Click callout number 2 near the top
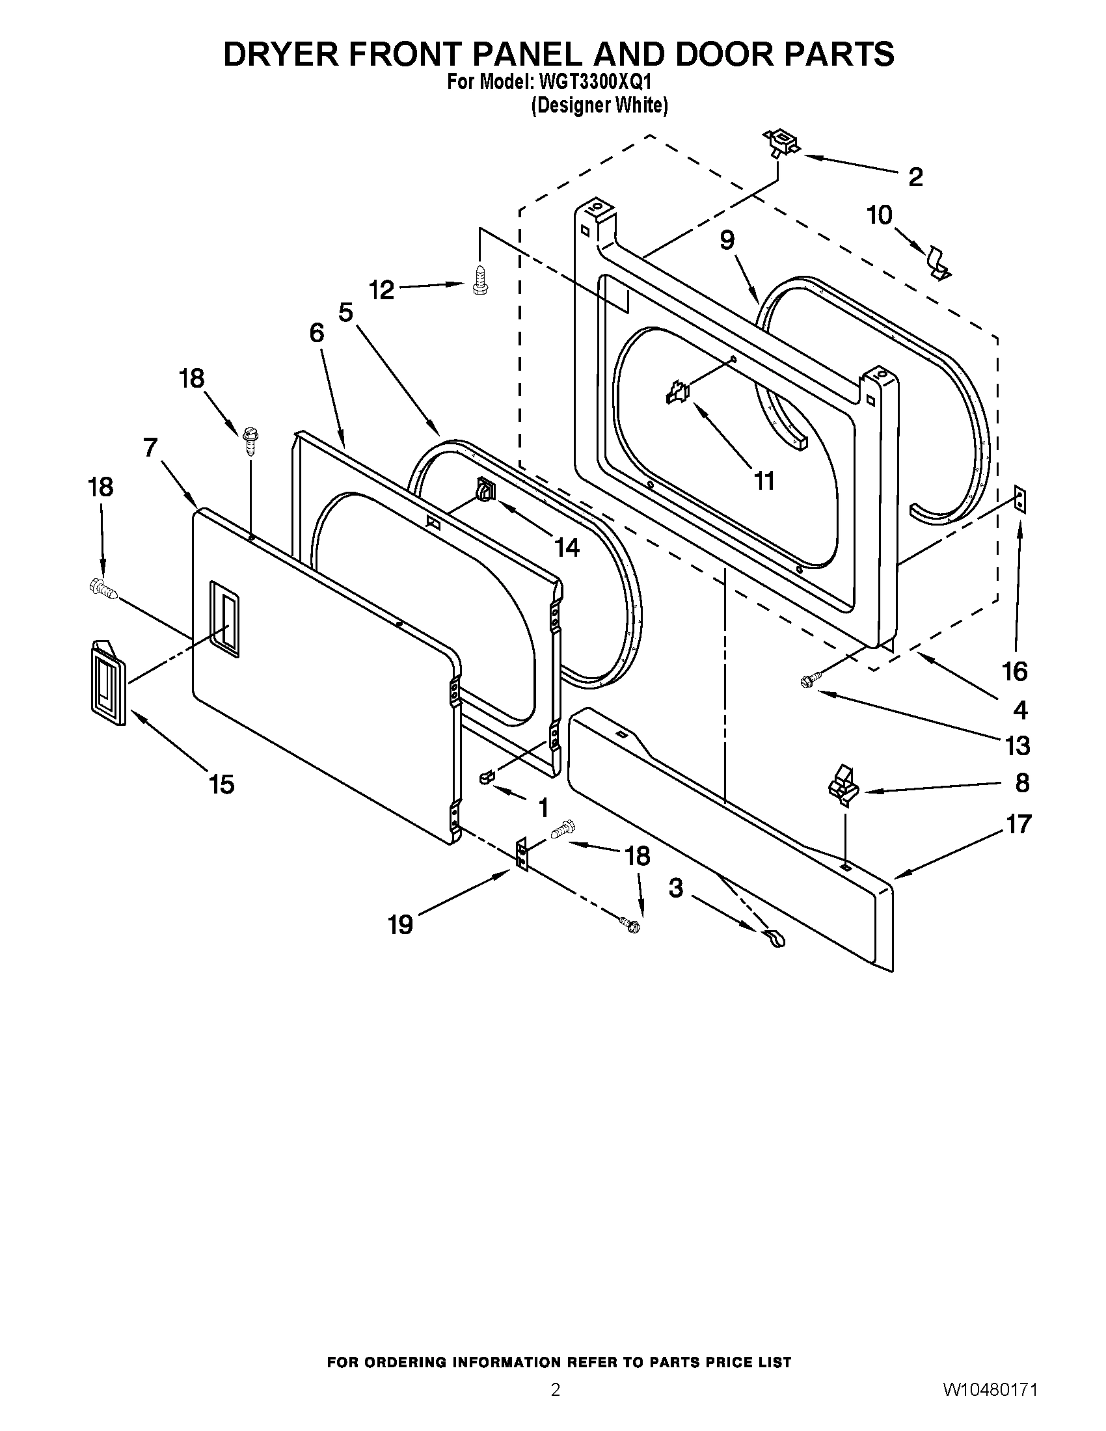[915, 177]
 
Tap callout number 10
[880, 215]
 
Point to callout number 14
[567, 547]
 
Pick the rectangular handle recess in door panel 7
[224, 618]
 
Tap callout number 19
[399, 924]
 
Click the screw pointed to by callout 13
[808, 682]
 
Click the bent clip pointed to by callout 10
[939, 262]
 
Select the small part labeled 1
[485, 777]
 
